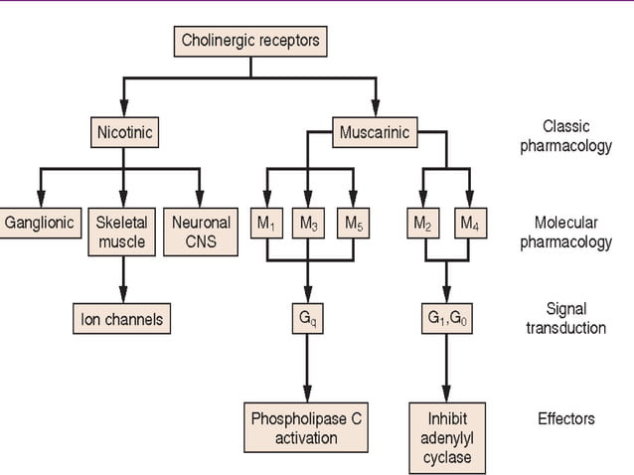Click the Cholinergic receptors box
249,41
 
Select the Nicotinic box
124,131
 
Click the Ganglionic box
40,223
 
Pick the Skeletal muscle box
122,232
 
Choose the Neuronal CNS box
201,232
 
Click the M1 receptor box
265,224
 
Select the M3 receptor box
309,224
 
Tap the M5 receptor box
353,224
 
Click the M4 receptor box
468,224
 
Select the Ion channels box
122,319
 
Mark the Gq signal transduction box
309,319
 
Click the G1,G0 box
445,319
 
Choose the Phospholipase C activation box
307,427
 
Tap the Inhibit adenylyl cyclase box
445,437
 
